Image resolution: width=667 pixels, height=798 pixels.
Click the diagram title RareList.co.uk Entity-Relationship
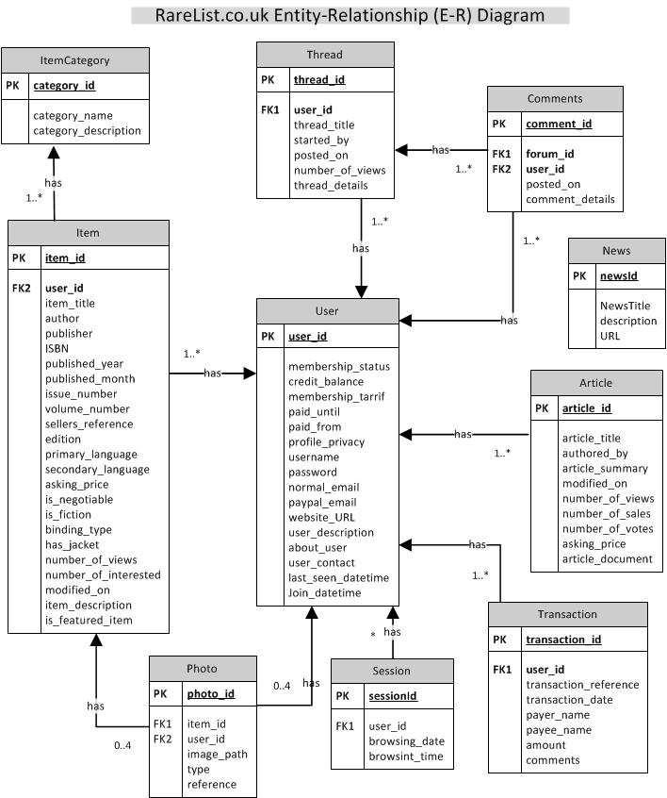350,15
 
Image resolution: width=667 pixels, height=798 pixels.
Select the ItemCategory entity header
75,60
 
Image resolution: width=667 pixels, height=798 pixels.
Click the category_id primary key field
63,86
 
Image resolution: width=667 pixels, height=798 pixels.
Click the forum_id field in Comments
550,154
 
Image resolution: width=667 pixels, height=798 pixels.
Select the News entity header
616,251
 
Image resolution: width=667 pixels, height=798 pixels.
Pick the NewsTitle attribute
625,306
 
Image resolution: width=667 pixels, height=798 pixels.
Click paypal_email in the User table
322,502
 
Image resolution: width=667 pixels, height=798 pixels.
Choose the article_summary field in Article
603,468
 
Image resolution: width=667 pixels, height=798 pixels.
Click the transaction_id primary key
563,640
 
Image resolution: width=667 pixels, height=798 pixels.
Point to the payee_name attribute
559,730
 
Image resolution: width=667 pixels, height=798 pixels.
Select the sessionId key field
393,696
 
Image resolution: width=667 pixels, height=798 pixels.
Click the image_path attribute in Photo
218,754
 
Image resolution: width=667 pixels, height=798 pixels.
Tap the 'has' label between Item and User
213,374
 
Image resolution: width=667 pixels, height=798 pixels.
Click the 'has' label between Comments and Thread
440,150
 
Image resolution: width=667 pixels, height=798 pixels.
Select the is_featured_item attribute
89,620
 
